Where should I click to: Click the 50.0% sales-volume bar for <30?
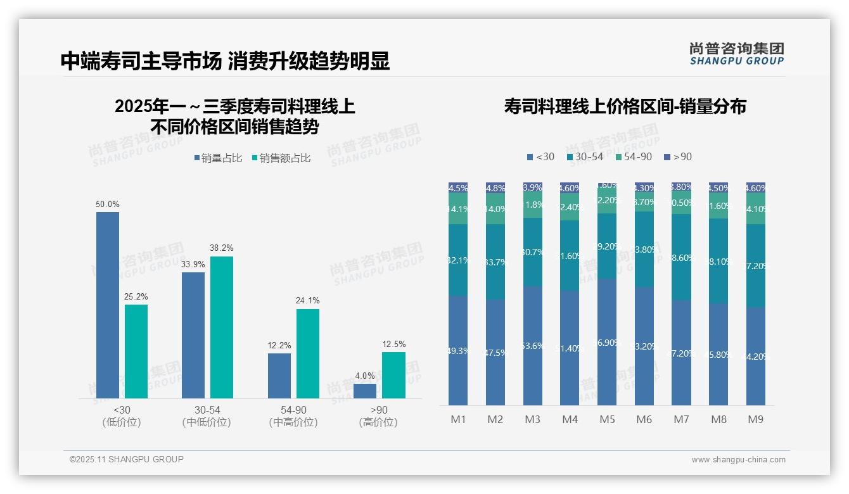(x=108, y=305)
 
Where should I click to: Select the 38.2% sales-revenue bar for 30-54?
(x=222, y=327)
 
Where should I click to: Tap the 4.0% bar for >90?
(x=365, y=391)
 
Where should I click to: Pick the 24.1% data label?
(x=307, y=301)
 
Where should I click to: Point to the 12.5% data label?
(x=393, y=344)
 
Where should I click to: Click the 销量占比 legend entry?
(x=218, y=158)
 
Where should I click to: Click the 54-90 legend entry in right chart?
(x=633, y=156)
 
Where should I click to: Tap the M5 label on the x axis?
(x=607, y=419)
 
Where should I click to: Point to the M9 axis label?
(x=756, y=419)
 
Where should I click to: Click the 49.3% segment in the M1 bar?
(x=458, y=350)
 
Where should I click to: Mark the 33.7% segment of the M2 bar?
(x=495, y=262)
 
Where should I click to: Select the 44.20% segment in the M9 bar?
(x=756, y=356)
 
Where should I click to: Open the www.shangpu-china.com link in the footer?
(x=738, y=460)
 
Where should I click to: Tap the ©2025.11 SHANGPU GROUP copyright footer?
(x=127, y=459)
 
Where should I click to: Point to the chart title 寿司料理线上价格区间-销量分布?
(x=625, y=106)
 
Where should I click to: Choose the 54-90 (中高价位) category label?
(x=293, y=416)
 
